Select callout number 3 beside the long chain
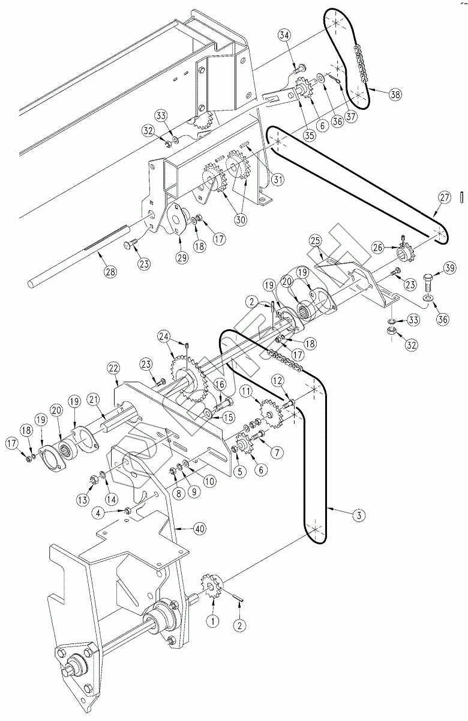(358, 515)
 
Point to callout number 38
(395, 94)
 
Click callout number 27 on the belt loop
(443, 196)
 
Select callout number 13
(82, 499)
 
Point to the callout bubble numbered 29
(182, 257)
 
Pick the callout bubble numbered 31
(277, 178)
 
